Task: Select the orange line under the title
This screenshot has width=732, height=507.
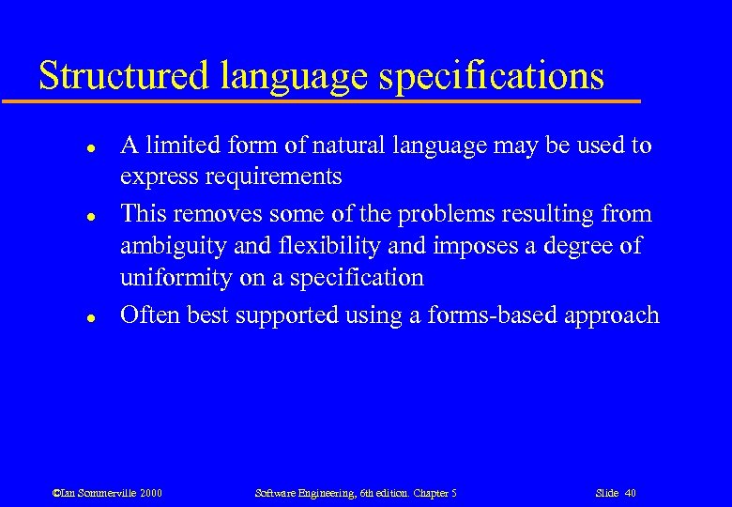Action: point(319,100)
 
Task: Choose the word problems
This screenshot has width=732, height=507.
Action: point(409,213)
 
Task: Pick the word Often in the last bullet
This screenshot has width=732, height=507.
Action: point(149,315)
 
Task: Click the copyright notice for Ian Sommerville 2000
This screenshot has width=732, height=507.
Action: point(107,493)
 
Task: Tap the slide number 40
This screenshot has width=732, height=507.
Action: point(616,493)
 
